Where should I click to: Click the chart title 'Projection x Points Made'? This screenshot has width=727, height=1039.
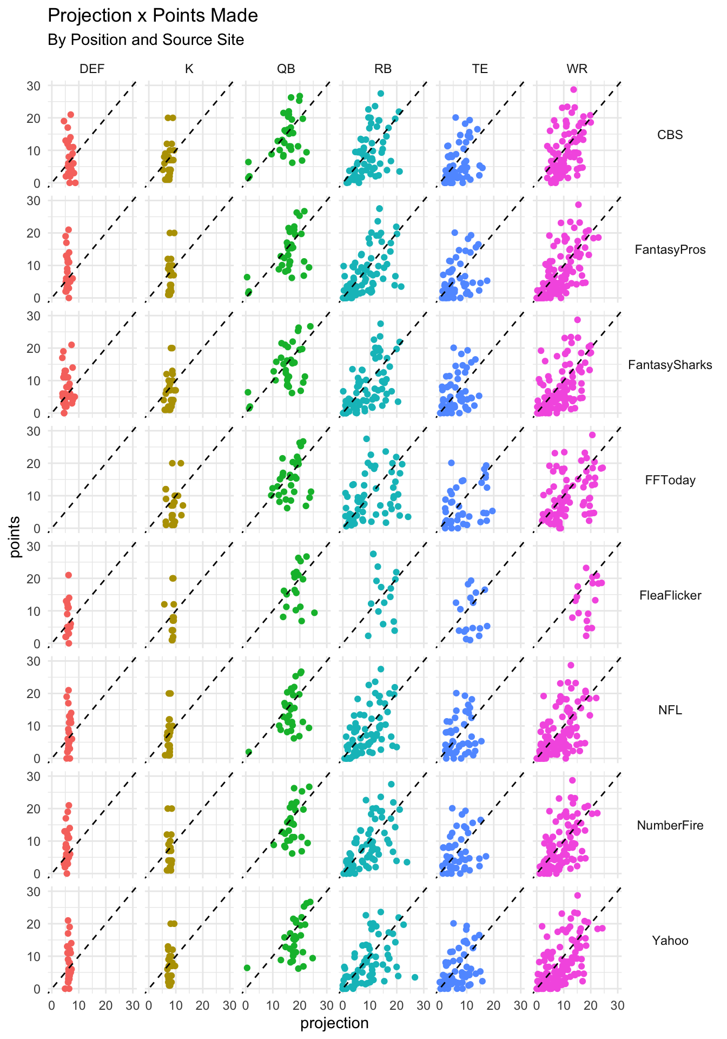pos(153,16)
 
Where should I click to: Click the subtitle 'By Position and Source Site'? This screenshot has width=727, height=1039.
pos(146,40)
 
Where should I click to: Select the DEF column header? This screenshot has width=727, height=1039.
pos(92,69)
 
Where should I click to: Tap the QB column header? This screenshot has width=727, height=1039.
pos(286,69)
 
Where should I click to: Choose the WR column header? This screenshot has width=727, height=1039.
pos(577,69)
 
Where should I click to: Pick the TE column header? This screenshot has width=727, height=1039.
pos(480,69)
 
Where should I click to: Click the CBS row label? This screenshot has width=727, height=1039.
pos(670,135)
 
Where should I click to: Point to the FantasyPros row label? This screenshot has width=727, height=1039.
pos(670,249)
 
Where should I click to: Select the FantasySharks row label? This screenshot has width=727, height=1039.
pos(670,365)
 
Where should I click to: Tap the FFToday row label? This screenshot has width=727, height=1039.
pos(670,480)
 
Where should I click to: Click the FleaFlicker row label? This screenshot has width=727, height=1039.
pos(670,595)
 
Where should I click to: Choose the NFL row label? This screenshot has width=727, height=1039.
pos(670,710)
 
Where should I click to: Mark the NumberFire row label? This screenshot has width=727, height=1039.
pos(670,825)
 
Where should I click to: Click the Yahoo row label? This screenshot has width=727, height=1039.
pos(670,941)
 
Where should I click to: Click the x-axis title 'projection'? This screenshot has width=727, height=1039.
pos(334,1023)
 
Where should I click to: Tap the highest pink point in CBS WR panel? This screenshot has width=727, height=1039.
pos(573,90)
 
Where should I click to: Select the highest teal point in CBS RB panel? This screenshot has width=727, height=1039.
pos(380,94)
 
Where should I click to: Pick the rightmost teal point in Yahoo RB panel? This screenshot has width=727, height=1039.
pos(415,977)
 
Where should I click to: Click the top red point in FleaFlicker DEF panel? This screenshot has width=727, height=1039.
pos(69,575)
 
